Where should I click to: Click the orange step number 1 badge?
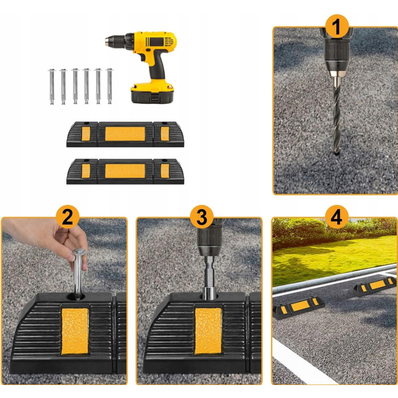337,26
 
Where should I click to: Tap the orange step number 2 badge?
68,217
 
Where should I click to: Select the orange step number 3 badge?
202,217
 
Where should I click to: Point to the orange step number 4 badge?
336,217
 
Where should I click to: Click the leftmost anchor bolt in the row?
52,87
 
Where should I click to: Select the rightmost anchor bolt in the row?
109,86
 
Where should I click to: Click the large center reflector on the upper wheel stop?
125,134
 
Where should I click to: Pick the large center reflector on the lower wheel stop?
125,171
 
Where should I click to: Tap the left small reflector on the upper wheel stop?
86,134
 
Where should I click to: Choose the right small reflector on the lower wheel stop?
165,171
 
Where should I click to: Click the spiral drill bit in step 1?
337,115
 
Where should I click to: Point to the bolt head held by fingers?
79,253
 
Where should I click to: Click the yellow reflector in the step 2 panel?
75,331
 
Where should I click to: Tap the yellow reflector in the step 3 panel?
208,331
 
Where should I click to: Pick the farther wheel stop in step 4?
375,286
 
